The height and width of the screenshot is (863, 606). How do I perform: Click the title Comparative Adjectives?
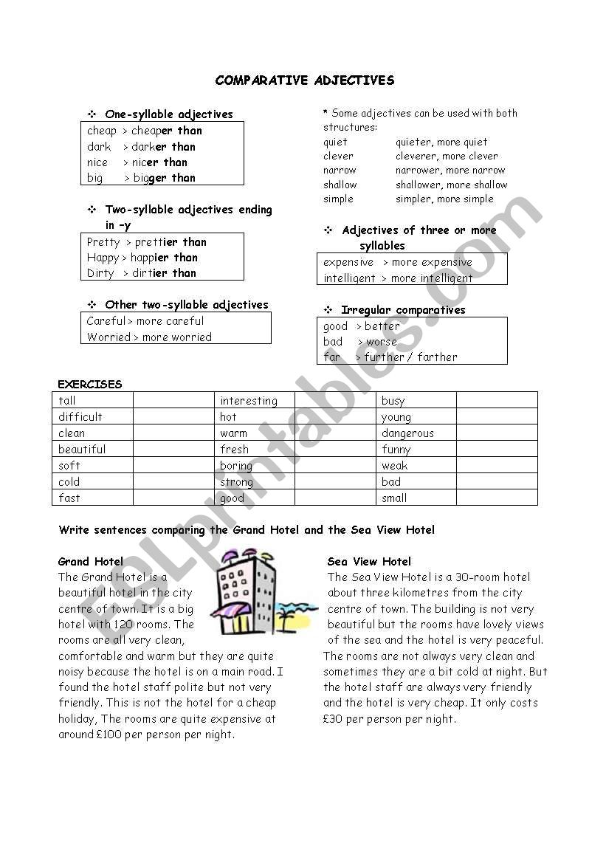tap(304, 80)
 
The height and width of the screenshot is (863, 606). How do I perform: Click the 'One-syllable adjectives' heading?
tap(168, 114)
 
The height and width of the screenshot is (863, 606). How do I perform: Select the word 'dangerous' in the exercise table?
tap(407, 433)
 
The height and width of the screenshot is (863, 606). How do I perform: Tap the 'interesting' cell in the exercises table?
tap(249, 401)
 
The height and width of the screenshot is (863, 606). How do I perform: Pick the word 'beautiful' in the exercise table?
tap(82, 450)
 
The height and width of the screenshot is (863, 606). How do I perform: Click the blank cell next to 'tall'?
tap(173, 400)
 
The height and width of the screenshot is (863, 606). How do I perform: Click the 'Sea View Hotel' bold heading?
tap(369, 561)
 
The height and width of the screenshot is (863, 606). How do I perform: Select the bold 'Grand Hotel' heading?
tap(91, 561)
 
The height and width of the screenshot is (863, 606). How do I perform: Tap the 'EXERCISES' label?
tap(90, 384)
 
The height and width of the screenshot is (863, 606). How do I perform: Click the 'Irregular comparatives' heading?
tap(403, 310)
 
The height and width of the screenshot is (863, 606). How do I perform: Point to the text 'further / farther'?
tap(410, 357)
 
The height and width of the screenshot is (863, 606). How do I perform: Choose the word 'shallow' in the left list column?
tap(340, 185)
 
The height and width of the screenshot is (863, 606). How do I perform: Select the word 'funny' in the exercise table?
tap(396, 450)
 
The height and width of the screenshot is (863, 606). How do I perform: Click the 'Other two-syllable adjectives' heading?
tap(186, 305)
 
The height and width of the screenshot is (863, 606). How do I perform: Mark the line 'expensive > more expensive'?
tap(397, 262)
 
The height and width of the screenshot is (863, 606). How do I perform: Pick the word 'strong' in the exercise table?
tap(236, 482)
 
